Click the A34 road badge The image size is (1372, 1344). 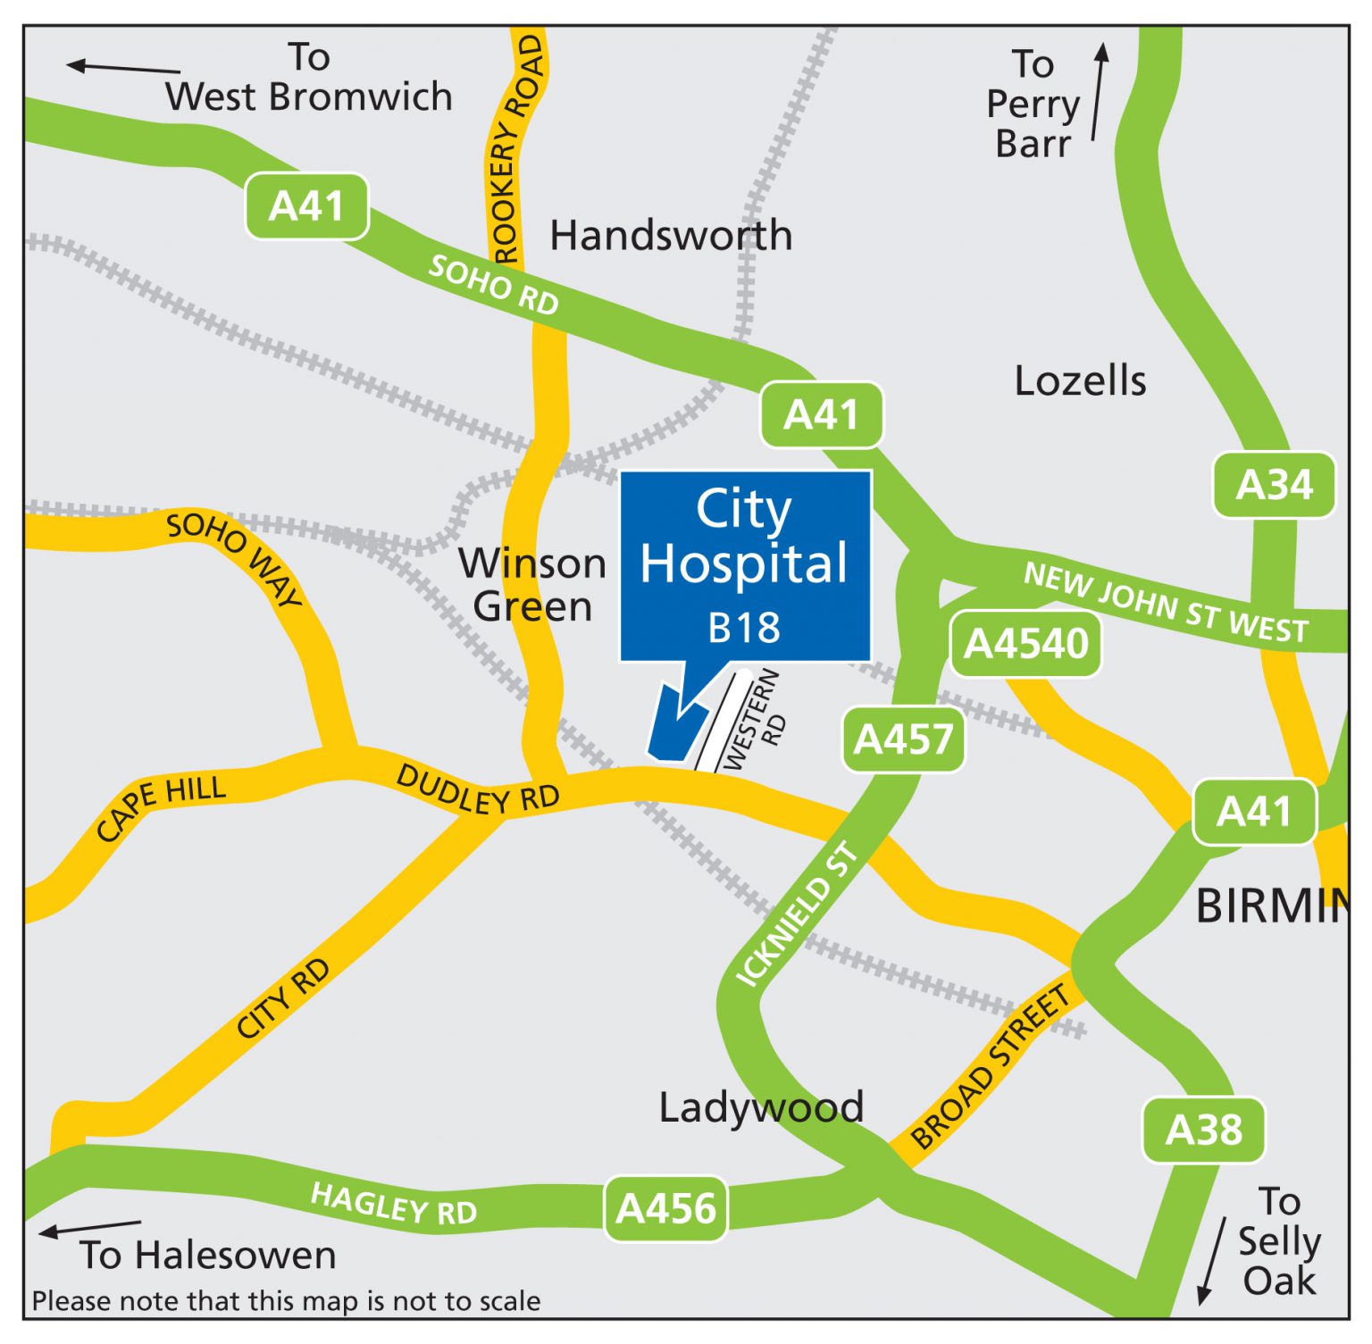(1274, 485)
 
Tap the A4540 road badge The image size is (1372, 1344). (1025, 644)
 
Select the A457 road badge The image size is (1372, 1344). (903, 739)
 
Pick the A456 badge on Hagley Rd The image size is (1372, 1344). (665, 1208)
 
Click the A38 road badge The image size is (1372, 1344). (1203, 1130)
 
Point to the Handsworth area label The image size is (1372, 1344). (671, 236)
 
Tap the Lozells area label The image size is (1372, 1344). (1080, 381)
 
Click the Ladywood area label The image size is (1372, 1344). (761, 1107)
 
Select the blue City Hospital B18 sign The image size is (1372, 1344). (745, 566)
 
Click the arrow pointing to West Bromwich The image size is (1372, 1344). (122, 67)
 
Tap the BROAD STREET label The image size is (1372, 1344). (990, 1066)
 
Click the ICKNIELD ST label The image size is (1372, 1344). (796, 916)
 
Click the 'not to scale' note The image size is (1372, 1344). (286, 1301)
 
